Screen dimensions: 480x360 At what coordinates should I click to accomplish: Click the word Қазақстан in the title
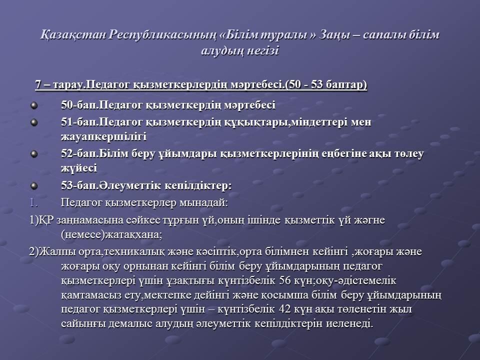[73, 35]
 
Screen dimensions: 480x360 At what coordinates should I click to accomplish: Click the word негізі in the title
[262, 50]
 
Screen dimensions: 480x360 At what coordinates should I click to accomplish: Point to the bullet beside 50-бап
[34, 105]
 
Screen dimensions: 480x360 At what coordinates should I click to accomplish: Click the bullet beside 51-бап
[34, 122]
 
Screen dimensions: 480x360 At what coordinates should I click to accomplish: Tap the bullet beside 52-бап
[34, 153]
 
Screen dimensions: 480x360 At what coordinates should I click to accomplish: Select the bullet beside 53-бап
[34, 185]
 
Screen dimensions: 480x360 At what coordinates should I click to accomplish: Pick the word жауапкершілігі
[104, 136]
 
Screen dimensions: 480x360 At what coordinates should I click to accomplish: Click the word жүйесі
[79, 168]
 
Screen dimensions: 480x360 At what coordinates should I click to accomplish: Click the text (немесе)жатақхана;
[111, 235]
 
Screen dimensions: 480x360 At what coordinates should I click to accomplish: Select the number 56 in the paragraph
[285, 280]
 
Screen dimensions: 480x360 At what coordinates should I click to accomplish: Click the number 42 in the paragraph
[284, 309]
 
